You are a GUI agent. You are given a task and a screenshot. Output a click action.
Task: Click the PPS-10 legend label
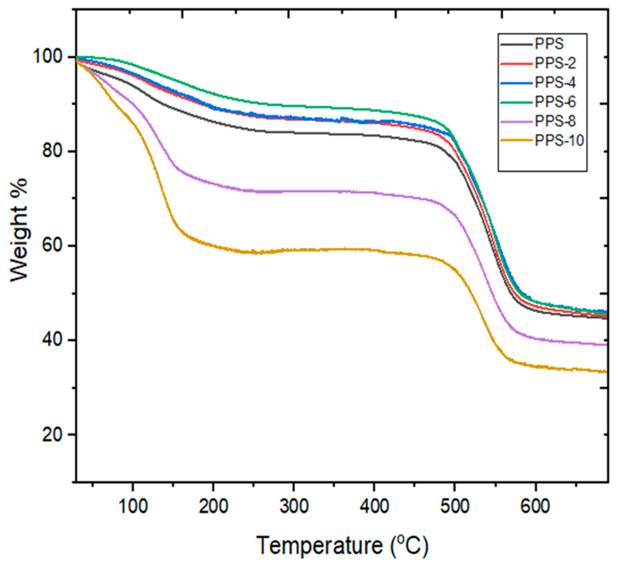point(559,141)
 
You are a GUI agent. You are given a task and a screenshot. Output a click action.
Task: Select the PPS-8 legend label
point(555,121)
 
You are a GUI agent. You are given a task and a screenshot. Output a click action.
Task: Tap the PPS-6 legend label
point(555,102)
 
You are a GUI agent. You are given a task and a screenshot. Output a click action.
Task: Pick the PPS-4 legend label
point(555,83)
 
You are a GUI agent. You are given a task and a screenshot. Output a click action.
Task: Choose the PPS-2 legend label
point(555,63)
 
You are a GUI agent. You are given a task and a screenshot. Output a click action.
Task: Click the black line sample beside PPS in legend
point(516,45)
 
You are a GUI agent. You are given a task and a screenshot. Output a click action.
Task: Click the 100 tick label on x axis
point(133,507)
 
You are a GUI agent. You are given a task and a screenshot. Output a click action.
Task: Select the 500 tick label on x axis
point(455,507)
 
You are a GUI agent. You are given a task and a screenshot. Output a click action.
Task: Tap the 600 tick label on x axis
point(536,507)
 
